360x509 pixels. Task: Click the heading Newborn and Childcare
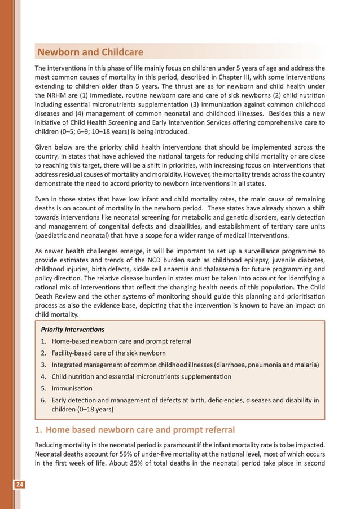[x=90, y=53]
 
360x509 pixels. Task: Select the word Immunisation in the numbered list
[x=72, y=389]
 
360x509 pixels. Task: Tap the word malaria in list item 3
[x=306, y=365]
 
